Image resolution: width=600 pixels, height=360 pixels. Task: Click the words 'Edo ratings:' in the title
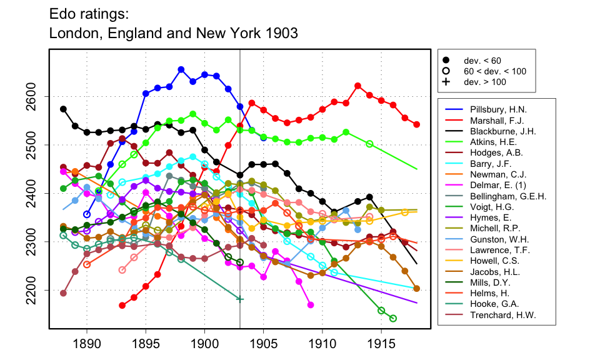(x=88, y=12)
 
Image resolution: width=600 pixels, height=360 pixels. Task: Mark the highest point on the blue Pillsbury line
(x=181, y=69)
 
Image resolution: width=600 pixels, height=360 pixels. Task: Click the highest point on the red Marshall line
(x=357, y=86)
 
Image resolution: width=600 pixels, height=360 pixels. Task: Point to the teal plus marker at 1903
(x=240, y=299)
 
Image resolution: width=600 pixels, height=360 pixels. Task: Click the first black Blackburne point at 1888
(x=63, y=109)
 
